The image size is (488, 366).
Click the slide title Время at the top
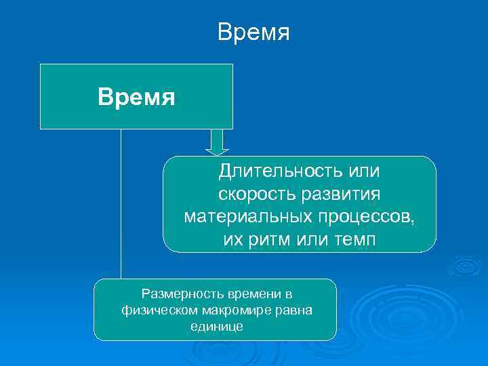pos(253,33)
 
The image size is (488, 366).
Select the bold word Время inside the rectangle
pos(136,97)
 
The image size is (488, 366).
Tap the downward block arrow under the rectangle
pos(217,142)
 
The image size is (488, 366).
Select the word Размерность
pos(180,293)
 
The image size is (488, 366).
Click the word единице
pos(215,326)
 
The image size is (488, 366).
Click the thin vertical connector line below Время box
pos(121,203)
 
